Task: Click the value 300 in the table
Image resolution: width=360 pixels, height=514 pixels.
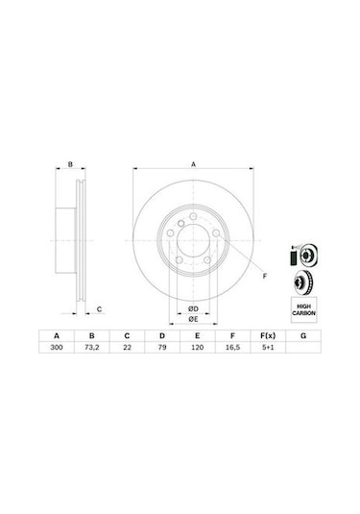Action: coord(57,348)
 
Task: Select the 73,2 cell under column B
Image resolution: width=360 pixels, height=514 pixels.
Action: coord(92,348)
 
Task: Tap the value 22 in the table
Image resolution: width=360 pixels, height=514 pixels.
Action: coord(127,348)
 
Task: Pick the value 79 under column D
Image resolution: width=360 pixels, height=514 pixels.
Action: coord(162,348)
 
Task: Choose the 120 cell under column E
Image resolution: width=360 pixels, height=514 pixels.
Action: coord(197,348)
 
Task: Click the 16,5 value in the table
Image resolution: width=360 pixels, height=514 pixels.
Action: coord(232,348)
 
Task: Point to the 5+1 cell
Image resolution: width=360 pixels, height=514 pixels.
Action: coord(268,348)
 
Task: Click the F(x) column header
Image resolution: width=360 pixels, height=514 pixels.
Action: coord(268,335)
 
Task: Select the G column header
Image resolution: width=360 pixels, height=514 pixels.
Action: coord(303,335)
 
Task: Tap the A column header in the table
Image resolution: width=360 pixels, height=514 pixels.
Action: coord(57,335)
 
